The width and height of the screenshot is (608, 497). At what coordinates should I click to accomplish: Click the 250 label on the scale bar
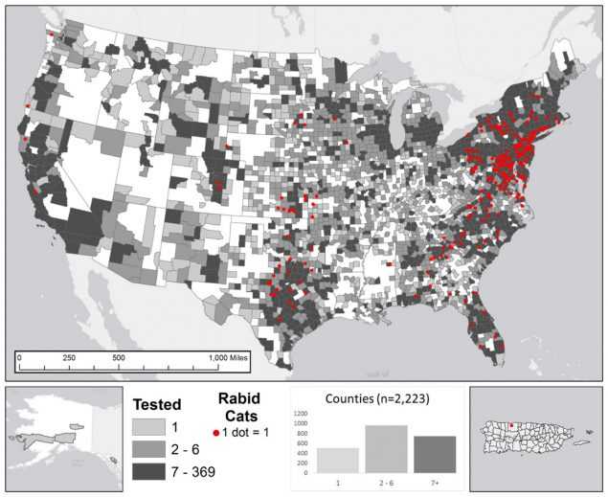click(x=69, y=357)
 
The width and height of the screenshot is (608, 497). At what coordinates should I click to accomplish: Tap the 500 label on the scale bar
click(x=119, y=357)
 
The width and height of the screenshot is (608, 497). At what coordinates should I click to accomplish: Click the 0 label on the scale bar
click(x=18, y=357)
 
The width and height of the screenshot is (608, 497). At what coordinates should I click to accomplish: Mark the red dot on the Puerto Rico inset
click(x=510, y=427)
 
